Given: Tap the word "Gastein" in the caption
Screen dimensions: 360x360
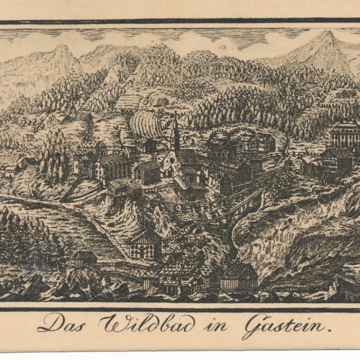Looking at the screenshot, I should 286,325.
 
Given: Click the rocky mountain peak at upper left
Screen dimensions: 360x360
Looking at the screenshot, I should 62,50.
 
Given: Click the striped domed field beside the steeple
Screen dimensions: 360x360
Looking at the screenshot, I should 147,124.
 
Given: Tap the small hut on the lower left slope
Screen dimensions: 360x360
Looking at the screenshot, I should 85,257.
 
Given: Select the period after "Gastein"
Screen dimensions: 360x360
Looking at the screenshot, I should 330,330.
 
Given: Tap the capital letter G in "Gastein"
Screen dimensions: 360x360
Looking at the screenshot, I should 253,325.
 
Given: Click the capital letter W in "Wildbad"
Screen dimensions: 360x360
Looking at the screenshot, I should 111,323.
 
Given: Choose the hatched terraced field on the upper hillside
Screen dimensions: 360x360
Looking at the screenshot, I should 128,102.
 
